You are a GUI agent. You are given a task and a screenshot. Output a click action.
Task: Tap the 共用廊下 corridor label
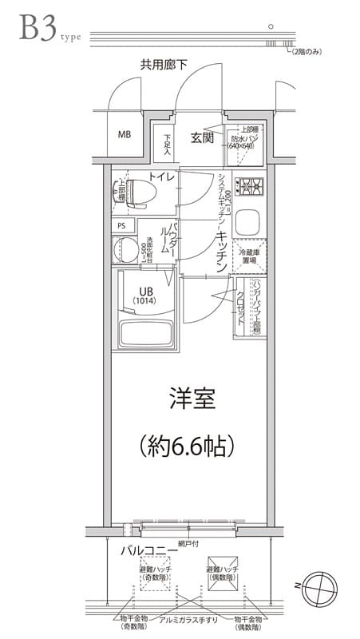tap(163, 64)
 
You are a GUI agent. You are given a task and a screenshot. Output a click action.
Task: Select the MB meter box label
tap(125, 134)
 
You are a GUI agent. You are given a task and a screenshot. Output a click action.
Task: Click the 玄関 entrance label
tap(202, 138)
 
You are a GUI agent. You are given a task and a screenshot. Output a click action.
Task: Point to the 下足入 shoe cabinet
tap(168, 144)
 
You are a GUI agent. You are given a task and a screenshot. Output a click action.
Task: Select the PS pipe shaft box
tap(121, 225)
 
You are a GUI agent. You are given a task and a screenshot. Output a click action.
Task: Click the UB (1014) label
tap(146, 296)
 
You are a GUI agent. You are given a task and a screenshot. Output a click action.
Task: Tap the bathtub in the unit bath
tap(143, 333)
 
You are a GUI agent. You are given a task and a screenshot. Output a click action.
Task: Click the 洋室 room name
tap(192, 399)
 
